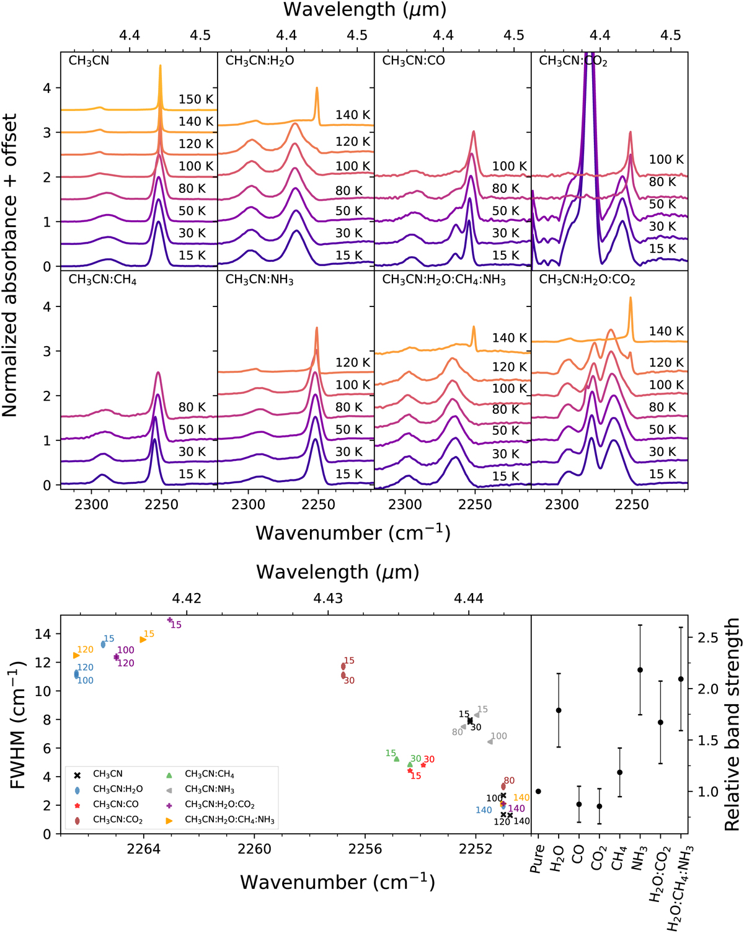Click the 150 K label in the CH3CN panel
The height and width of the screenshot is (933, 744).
pyautogui.click(x=196, y=99)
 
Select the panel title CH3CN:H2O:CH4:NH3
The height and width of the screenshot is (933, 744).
pyautogui.click(x=444, y=280)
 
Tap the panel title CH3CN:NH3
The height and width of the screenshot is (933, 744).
pyautogui.click(x=259, y=280)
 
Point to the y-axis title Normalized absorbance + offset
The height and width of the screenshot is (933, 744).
pyautogui.click(x=10, y=266)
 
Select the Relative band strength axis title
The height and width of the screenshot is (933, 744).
pyautogui.click(x=732, y=725)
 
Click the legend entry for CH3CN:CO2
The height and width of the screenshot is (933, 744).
pyautogui.click(x=117, y=819)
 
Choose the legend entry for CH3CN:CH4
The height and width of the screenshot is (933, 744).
pyautogui.click(x=209, y=774)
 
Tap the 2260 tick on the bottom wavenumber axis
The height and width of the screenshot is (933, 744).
pyautogui.click(x=255, y=849)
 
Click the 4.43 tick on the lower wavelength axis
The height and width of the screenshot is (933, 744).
pyautogui.click(x=327, y=598)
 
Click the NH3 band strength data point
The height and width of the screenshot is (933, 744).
pyautogui.click(x=640, y=670)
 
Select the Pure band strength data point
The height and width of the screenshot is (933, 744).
pyautogui.click(x=538, y=792)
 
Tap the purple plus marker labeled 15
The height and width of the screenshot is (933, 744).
pyautogui.click(x=170, y=620)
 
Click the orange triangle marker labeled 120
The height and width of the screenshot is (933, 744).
pyautogui.click(x=76, y=655)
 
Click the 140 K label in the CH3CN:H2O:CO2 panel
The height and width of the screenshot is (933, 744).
pyautogui.click(x=666, y=331)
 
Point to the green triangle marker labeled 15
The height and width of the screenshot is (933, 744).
pyautogui.click(x=397, y=759)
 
